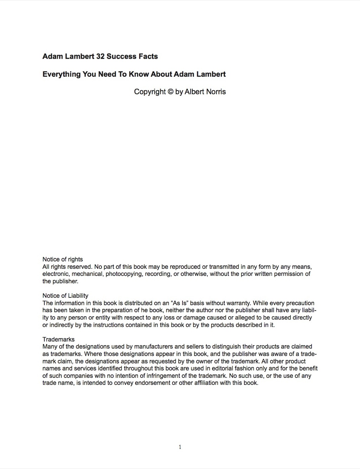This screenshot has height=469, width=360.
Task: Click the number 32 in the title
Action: (100, 56)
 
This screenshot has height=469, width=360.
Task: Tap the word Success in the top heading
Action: (119, 56)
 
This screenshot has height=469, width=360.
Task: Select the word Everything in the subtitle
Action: (62, 74)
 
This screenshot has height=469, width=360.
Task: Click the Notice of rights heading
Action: (63, 259)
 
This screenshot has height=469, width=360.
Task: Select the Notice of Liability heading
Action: (65, 296)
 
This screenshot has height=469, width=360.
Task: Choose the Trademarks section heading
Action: (58, 339)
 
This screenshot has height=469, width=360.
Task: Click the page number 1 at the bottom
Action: (180, 447)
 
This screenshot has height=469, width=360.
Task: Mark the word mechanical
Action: (87, 274)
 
